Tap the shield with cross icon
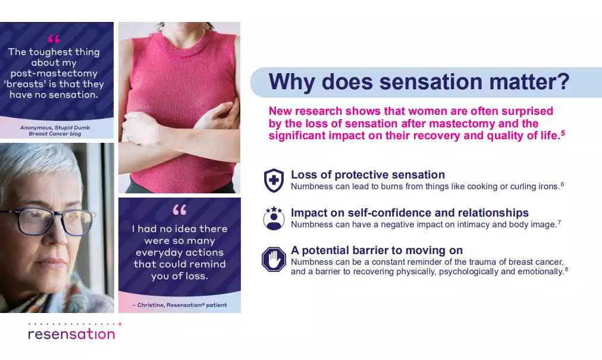pyautogui.click(x=274, y=180)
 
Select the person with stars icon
pyautogui.click(x=274, y=218)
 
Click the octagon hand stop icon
pyautogui.click(x=274, y=259)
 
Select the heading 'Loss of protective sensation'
pyautogui.click(x=368, y=175)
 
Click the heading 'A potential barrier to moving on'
pyautogui.click(x=377, y=251)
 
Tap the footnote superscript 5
pyautogui.click(x=563, y=133)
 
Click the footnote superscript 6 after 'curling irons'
pyautogui.click(x=563, y=184)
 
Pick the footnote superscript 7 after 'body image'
pyautogui.click(x=559, y=222)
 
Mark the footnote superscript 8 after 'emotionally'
pyautogui.click(x=566, y=270)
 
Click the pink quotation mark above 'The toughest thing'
pyautogui.click(x=54, y=39)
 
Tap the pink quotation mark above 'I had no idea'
pyautogui.click(x=179, y=210)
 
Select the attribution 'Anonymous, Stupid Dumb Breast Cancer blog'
pyautogui.click(x=55, y=131)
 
